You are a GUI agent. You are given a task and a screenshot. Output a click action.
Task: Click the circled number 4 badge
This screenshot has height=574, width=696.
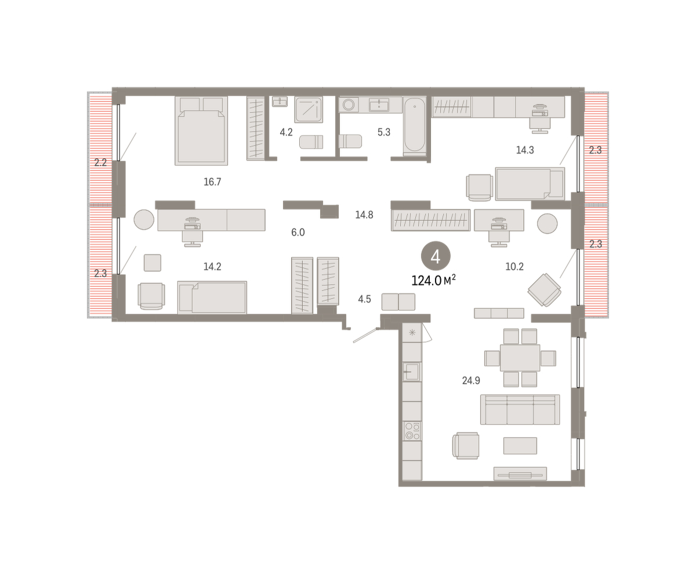436,256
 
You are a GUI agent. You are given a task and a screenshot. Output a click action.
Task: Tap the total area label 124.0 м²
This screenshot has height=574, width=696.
433,281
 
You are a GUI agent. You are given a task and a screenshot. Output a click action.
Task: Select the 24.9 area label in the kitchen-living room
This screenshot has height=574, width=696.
471,380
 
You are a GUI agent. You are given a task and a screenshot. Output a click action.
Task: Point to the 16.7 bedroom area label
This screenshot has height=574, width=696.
212,181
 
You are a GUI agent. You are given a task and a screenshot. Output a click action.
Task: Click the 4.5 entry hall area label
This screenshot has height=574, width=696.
364,299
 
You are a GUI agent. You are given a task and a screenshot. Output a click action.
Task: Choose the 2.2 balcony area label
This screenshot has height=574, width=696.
100,163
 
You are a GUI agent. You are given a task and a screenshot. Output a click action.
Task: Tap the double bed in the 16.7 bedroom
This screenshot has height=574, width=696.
201,130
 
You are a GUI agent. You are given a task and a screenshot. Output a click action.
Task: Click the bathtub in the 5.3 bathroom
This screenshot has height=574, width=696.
414,126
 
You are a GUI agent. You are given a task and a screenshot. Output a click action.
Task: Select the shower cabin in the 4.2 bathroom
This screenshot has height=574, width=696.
309,110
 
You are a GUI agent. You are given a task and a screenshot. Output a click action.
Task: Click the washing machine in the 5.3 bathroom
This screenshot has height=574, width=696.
349,105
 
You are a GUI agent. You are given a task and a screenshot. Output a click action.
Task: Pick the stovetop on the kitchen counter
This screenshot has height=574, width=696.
412,431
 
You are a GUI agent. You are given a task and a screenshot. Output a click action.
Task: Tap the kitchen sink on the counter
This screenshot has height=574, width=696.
412,371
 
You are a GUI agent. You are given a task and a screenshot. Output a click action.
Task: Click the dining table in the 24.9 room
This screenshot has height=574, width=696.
520,358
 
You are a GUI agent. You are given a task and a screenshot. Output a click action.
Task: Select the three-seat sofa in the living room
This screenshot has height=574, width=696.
520,409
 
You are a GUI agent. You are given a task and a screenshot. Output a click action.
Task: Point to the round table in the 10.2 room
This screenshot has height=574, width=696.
547,223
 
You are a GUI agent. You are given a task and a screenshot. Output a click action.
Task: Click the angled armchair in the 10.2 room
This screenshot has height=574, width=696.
545,290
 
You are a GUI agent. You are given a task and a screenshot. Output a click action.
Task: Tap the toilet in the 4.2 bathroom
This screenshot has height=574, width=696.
311,141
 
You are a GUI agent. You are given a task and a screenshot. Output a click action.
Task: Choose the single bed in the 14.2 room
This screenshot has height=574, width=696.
212,297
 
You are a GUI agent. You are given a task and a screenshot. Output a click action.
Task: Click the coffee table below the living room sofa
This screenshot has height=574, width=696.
520,446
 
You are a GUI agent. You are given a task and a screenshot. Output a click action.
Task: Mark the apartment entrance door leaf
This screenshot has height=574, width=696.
365,335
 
